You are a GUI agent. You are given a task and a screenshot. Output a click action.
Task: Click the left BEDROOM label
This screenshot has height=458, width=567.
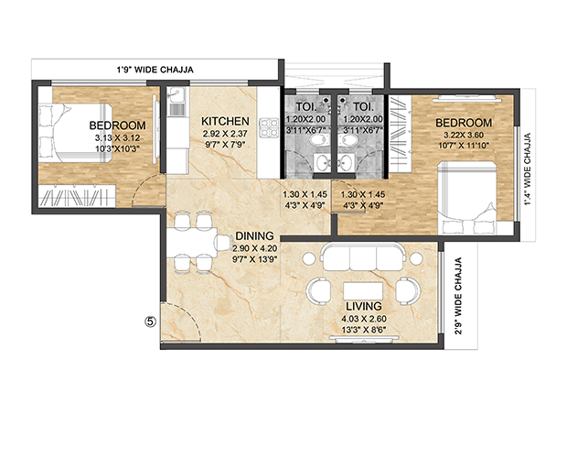click(117, 125)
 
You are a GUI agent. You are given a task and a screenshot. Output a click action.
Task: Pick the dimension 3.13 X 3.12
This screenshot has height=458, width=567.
click(117, 138)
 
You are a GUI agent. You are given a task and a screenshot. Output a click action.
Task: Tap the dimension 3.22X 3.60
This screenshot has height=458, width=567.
click(463, 136)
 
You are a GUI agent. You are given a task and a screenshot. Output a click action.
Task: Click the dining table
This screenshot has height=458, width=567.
click(197, 243)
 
